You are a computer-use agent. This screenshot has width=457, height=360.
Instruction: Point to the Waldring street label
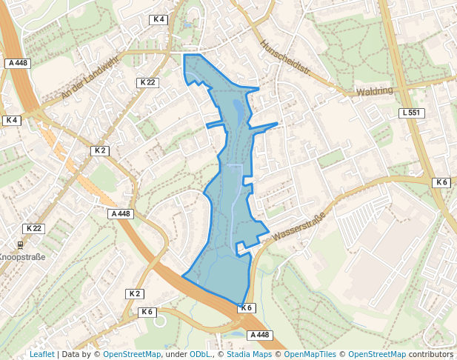click(374, 91)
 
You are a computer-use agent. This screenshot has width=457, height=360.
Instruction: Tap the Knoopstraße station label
click(22, 257)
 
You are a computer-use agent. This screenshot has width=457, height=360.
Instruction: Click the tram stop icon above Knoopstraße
click(20, 244)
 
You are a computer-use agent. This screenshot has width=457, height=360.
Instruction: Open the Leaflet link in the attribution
click(41, 355)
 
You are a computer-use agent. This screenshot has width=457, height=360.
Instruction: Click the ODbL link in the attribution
click(200, 355)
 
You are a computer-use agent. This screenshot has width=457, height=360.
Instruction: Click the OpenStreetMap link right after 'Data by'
click(132, 355)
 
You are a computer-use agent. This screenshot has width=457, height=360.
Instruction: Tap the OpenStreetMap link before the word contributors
click(377, 355)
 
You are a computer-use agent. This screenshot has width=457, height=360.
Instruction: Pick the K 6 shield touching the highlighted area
click(247, 307)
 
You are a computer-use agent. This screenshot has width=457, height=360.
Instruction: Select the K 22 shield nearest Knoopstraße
click(33, 228)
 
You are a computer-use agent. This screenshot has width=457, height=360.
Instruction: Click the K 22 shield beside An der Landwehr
click(147, 82)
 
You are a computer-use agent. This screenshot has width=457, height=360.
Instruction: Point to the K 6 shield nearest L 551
click(441, 182)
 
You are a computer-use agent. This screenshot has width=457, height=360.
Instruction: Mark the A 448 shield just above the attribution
click(259, 335)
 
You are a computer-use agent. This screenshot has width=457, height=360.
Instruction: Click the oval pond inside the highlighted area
click(237, 110)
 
